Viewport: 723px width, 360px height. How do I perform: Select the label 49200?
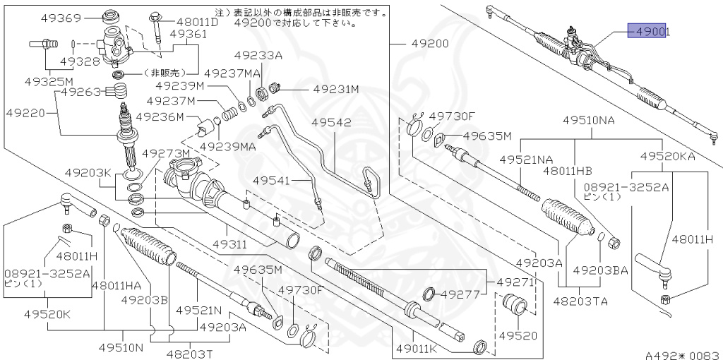pos(430,44)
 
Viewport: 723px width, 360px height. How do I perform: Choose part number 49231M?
pos(336,90)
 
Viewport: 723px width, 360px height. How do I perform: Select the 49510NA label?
pos(588,120)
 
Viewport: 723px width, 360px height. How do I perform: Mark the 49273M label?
pos(166,153)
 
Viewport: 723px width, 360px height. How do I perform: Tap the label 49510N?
pos(121,347)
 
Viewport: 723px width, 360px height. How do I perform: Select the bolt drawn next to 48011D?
pos(156,28)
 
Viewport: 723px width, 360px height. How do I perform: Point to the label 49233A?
pos(258,55)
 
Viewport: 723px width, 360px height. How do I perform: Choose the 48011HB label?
pos(567,170)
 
